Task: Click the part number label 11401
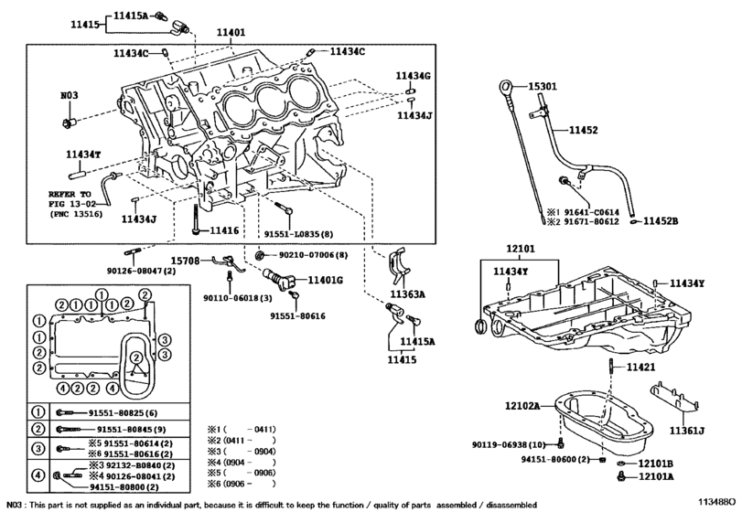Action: pos(231,33)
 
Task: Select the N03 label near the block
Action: pos(70,95)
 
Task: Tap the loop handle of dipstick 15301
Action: pos(504,87)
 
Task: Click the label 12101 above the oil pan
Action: pos(521,249)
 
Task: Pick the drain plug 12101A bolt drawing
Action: pos(621,477)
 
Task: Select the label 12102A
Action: pos(522,406)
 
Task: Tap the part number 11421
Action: pos(641,367)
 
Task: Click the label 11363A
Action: pos(407,294)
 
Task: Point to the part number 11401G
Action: pos(326,281)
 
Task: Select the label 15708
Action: pos(185,261)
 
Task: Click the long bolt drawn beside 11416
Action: pos(196,219)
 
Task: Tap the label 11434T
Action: pos(83,155)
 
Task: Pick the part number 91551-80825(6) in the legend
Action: pos(123,412)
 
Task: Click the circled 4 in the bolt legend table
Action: pos(38,475)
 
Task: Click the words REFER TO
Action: pos(70,195)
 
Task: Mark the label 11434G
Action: pos(413,76)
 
